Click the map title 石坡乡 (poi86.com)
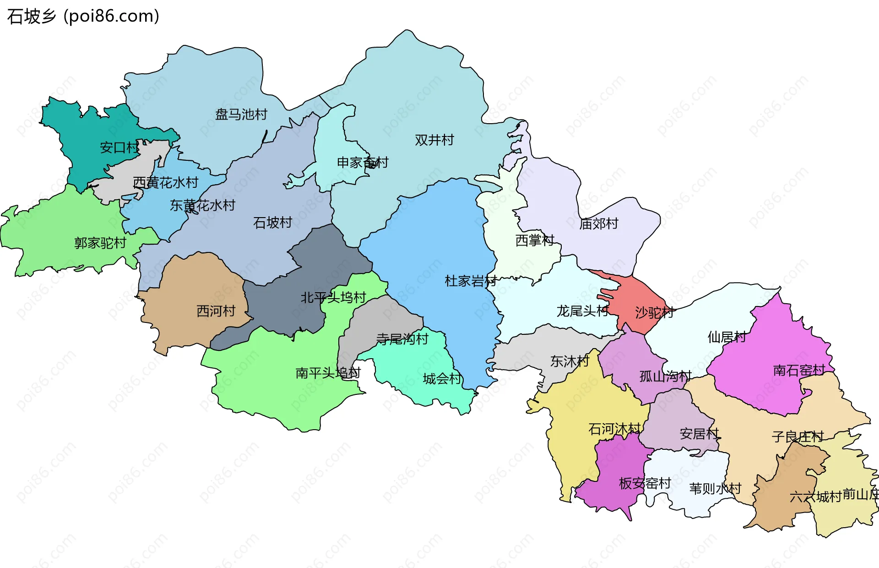point(83,16)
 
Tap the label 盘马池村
point(241,114)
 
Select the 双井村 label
point(434,140)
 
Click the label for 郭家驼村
point(100,243)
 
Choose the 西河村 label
point(216,311)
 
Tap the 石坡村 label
point(272,223)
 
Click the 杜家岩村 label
point(470,281)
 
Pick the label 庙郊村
point(598,224)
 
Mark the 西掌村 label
point(534,240)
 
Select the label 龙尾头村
point(582,311)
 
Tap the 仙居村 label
point(727,337)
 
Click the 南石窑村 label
point(799,370)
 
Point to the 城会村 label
point(442,379)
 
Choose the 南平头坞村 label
point(328,373)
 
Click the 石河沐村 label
point(614,429)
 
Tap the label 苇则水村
point(715,488)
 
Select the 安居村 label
point(699,433)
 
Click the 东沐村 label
point(570,361)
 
